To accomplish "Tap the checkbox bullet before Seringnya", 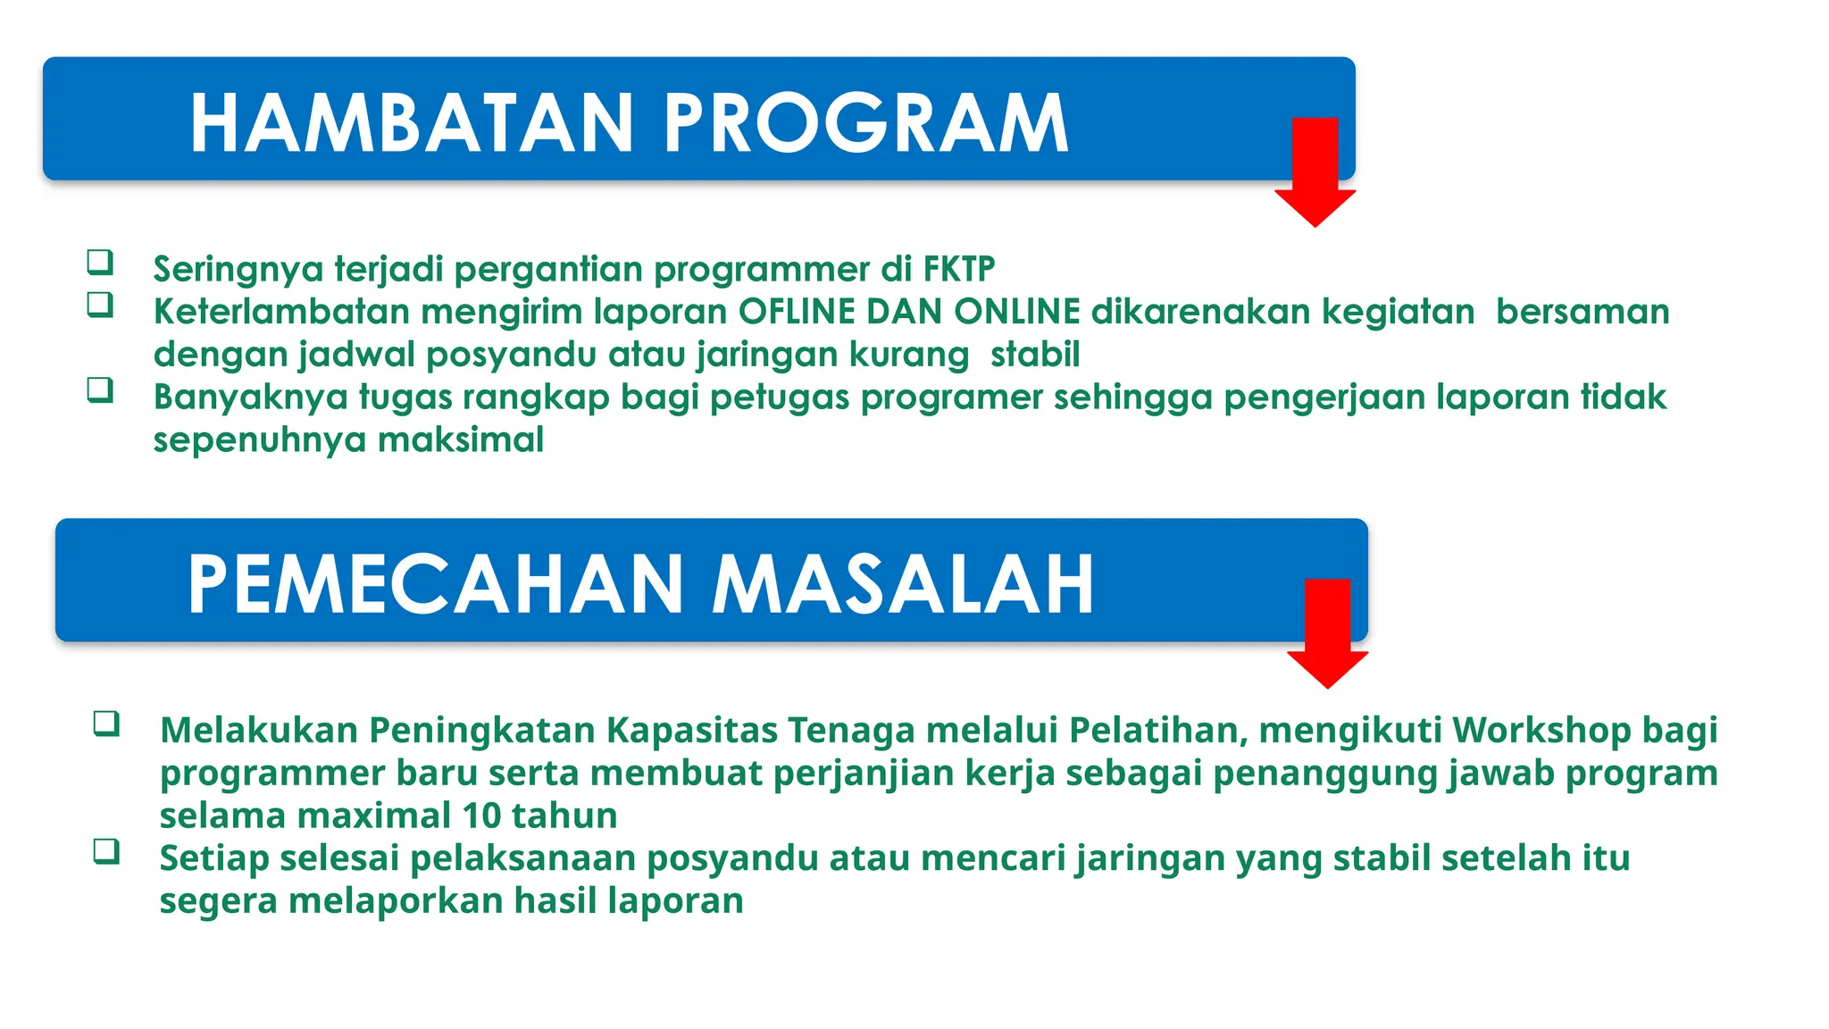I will click(x=100, y=262).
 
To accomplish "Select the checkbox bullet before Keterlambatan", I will click(x=100, y=305).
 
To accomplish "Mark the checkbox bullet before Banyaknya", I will click(x=100, y=390).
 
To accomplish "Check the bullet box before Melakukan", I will click(x=106, y=723).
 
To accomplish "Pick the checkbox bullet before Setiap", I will click(x=106, y=851).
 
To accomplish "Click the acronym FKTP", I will click(x=958, y=269).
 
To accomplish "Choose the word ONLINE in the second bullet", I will click(x=1017, y=312).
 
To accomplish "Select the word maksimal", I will click(x=461, y=439).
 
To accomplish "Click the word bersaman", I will click(x=1583, y=312).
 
